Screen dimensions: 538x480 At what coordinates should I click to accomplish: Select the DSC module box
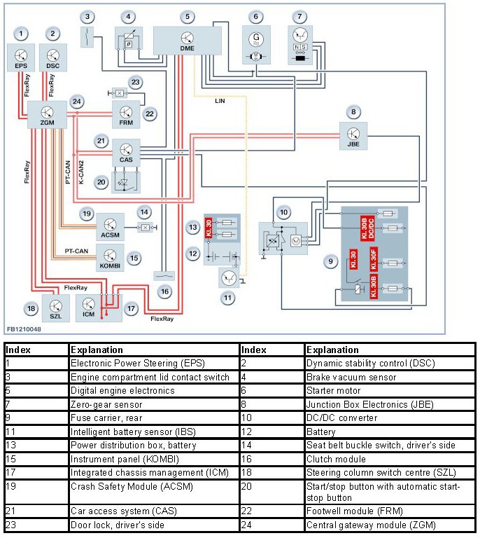click(x=53, y=56)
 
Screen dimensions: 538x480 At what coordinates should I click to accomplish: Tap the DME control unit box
click(x=187, y=40)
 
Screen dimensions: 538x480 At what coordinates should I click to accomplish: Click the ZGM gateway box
click(x=47, y=113)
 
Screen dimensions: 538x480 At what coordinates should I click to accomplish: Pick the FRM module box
click(x=126, y=114)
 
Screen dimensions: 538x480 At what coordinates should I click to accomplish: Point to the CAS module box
click(x=126, y=153)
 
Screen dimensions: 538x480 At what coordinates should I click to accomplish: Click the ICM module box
click(x=89, y=308)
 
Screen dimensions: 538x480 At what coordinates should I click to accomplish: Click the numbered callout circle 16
click(x=164, y=291)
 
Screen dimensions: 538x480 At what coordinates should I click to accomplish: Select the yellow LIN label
click(x=220, y=101)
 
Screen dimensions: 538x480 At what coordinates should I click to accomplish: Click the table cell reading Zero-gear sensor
click(x=106, y=404)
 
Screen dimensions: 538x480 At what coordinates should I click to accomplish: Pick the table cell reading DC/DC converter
click(x=339, y=418)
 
